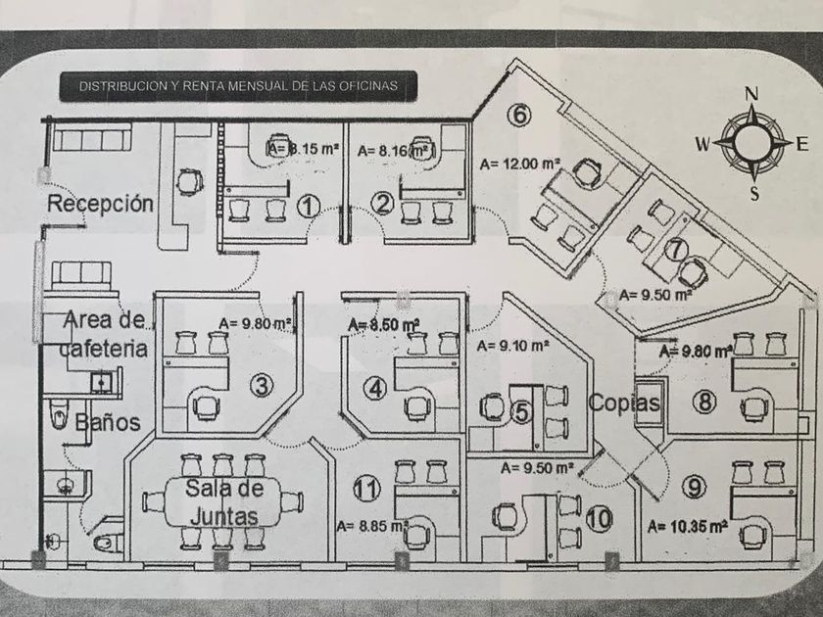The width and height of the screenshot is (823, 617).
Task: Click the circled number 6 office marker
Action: coord(519,116)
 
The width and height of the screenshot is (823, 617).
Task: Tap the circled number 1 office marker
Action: coord(310,205)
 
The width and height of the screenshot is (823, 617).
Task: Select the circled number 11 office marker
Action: coord(365,488)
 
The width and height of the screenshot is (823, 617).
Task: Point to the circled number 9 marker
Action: coord(694,487)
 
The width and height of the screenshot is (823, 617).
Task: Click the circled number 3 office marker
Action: coord(261,386)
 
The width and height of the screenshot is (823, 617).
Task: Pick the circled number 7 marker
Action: coord(674,249)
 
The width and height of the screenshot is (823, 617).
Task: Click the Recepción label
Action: coord(101,205)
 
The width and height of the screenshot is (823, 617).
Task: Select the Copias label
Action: coord(624,403)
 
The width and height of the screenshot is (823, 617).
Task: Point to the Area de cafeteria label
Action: coord(105,333)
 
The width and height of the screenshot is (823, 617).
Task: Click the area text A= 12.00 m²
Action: coord(519,165)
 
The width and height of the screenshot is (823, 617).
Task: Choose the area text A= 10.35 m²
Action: coord(688,526)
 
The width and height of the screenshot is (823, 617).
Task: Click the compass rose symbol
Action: coord(752,142)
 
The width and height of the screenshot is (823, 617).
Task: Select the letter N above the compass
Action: coord(752,95)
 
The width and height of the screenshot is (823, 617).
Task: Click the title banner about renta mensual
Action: coord(239,86)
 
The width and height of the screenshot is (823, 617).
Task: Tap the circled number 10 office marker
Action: coord(600,519)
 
